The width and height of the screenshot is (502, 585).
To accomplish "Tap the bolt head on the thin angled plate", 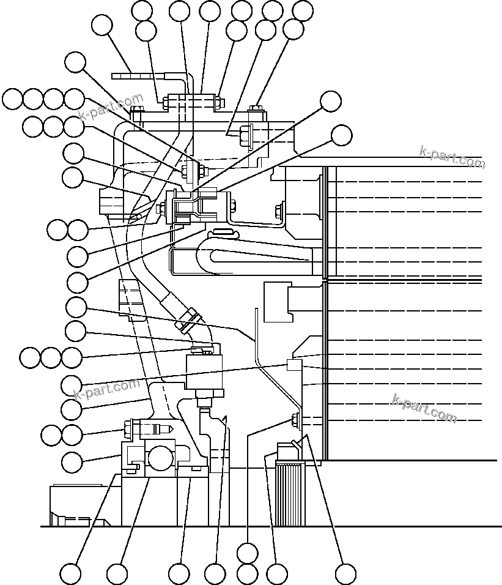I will coord(296,420).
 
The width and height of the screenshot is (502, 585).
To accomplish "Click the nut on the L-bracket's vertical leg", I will coord(280,211).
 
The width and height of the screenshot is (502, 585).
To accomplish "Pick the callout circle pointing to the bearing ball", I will coord(117,575).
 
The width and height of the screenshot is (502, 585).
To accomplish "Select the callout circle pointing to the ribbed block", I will coord(278,575).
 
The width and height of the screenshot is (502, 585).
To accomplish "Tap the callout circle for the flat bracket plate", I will coord(102,26).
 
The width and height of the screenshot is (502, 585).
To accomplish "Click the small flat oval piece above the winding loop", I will coord(224,231).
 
